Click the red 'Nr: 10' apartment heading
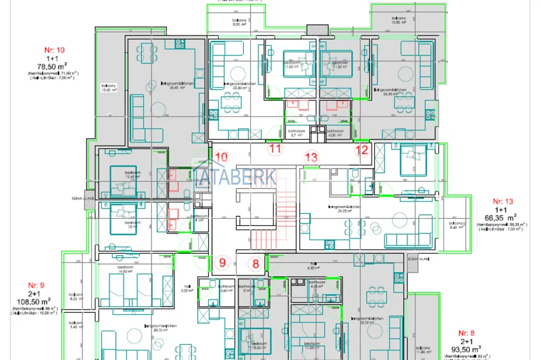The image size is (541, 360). point(53,50)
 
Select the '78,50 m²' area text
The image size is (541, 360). point(53,66)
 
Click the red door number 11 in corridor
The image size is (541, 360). point(274,149)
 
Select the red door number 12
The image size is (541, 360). point(362,150)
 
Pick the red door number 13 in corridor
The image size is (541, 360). point(311,156)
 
